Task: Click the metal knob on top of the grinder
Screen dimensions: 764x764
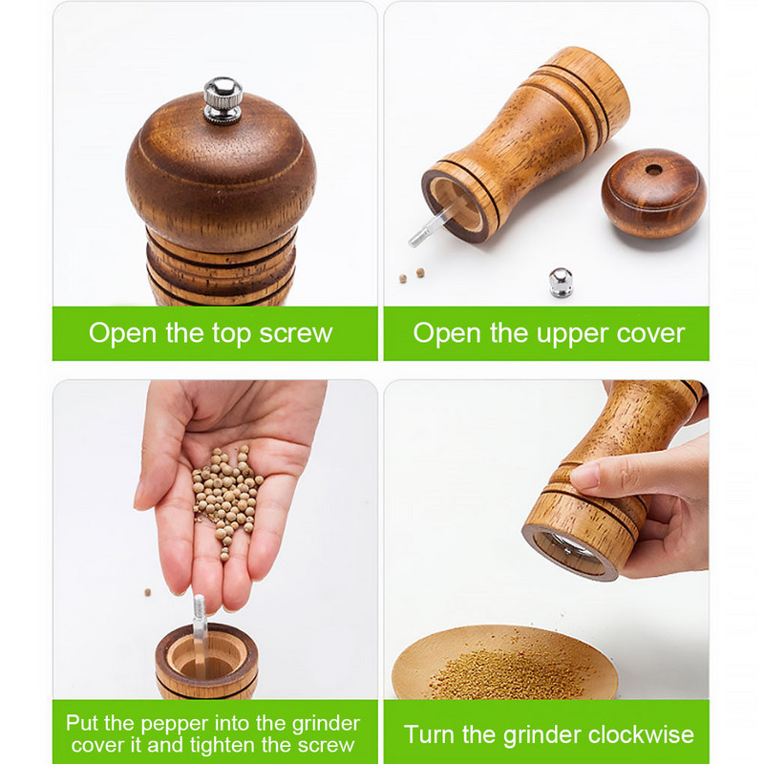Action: [x=223, y=100]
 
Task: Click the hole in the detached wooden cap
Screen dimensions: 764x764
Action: [x=654, y=171]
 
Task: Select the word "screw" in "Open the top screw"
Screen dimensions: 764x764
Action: [x=296, y=333]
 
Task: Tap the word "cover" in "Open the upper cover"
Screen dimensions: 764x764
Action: [x=650, y=333]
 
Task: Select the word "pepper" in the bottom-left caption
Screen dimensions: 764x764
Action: [x=175, y=725]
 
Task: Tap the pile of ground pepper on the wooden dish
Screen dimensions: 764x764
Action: [x=509, y=673]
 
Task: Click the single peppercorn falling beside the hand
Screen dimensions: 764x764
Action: [x=148, y=592]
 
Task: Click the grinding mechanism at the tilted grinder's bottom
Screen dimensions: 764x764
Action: [x=568, y=553]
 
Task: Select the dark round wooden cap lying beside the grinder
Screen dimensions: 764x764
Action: [x=654, y=193]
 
